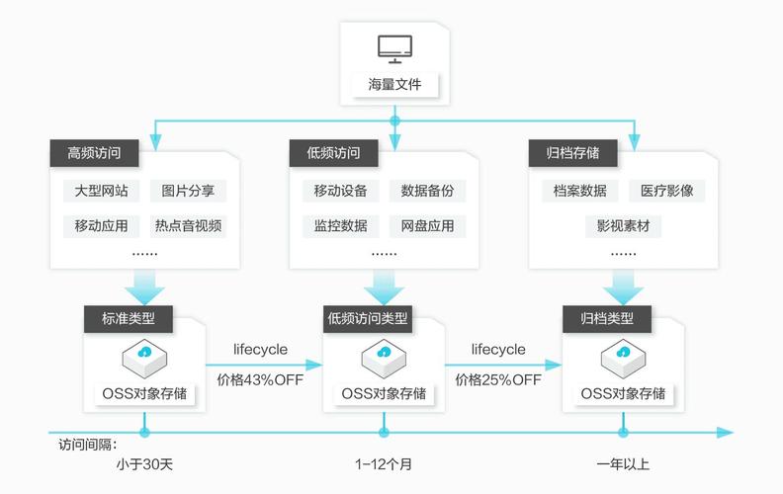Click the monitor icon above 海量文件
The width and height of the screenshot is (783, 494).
[x=394, y=48]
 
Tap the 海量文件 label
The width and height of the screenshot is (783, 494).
[x=394, y=84]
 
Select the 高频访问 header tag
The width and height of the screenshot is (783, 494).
[x=95, y=153]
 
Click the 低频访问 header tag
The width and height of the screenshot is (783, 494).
[x=333, y=153]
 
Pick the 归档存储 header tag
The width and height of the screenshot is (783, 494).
[x=573, y=153]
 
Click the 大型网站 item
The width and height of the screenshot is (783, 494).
[x=101, y=191]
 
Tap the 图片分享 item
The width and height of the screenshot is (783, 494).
[x=188, y=191]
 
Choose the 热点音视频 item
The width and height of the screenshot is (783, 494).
[x=188, y=225]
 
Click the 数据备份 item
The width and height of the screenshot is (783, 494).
[x=427, y=191]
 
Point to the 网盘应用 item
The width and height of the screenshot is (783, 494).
[x=427, y=225]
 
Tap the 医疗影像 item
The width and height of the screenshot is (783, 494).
[x=666, y=191]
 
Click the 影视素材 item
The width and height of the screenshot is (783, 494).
[x=623, y=225]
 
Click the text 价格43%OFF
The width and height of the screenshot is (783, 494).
[x=261, y=378]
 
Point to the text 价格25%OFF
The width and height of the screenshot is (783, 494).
[x=498, y=378]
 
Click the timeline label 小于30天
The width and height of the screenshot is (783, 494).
[x=144, y=463]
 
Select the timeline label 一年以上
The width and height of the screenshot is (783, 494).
[x=623, y=463]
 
